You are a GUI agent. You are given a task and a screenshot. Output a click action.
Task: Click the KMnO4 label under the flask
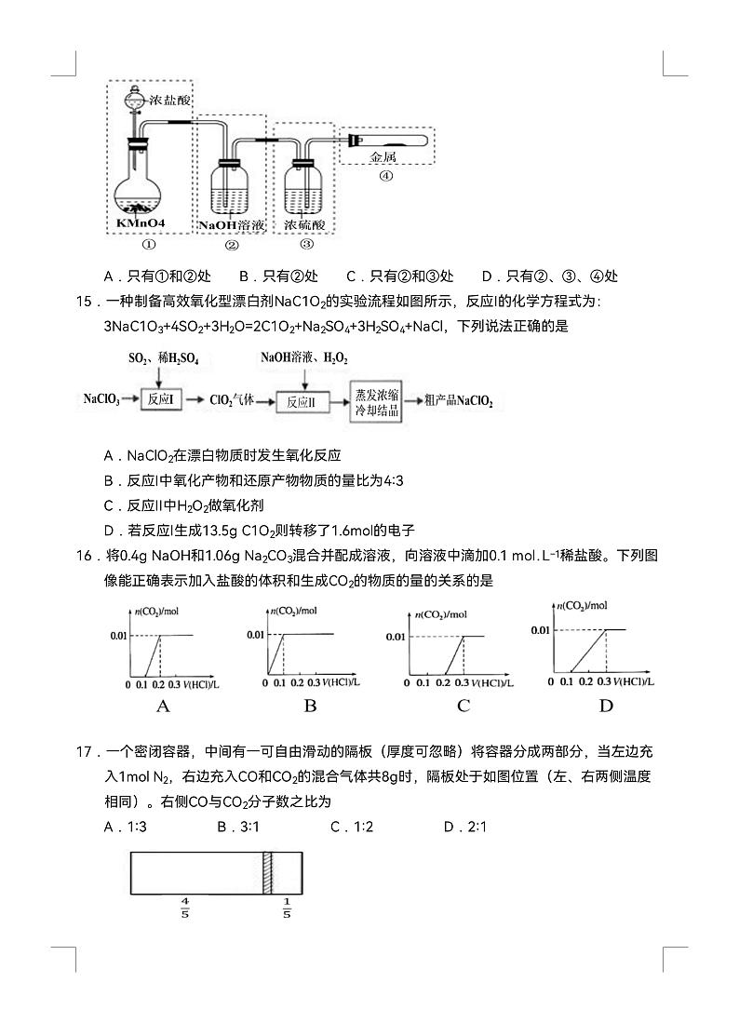141,224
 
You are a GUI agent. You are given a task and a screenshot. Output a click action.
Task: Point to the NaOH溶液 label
232,225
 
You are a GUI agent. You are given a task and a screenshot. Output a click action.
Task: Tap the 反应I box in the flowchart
160,401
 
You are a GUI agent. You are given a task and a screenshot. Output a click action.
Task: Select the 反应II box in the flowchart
302,401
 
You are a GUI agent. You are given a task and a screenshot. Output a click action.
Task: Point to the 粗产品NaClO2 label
458,401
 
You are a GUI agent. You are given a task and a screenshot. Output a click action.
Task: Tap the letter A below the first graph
163,706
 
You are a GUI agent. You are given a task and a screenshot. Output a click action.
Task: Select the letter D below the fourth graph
606,706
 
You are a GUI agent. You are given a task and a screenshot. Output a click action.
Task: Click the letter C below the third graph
464,706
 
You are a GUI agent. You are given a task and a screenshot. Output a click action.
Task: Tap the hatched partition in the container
268,873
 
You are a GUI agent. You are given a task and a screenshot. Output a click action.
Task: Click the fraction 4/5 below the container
185,908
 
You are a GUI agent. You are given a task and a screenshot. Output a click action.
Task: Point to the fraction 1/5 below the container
287,908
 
